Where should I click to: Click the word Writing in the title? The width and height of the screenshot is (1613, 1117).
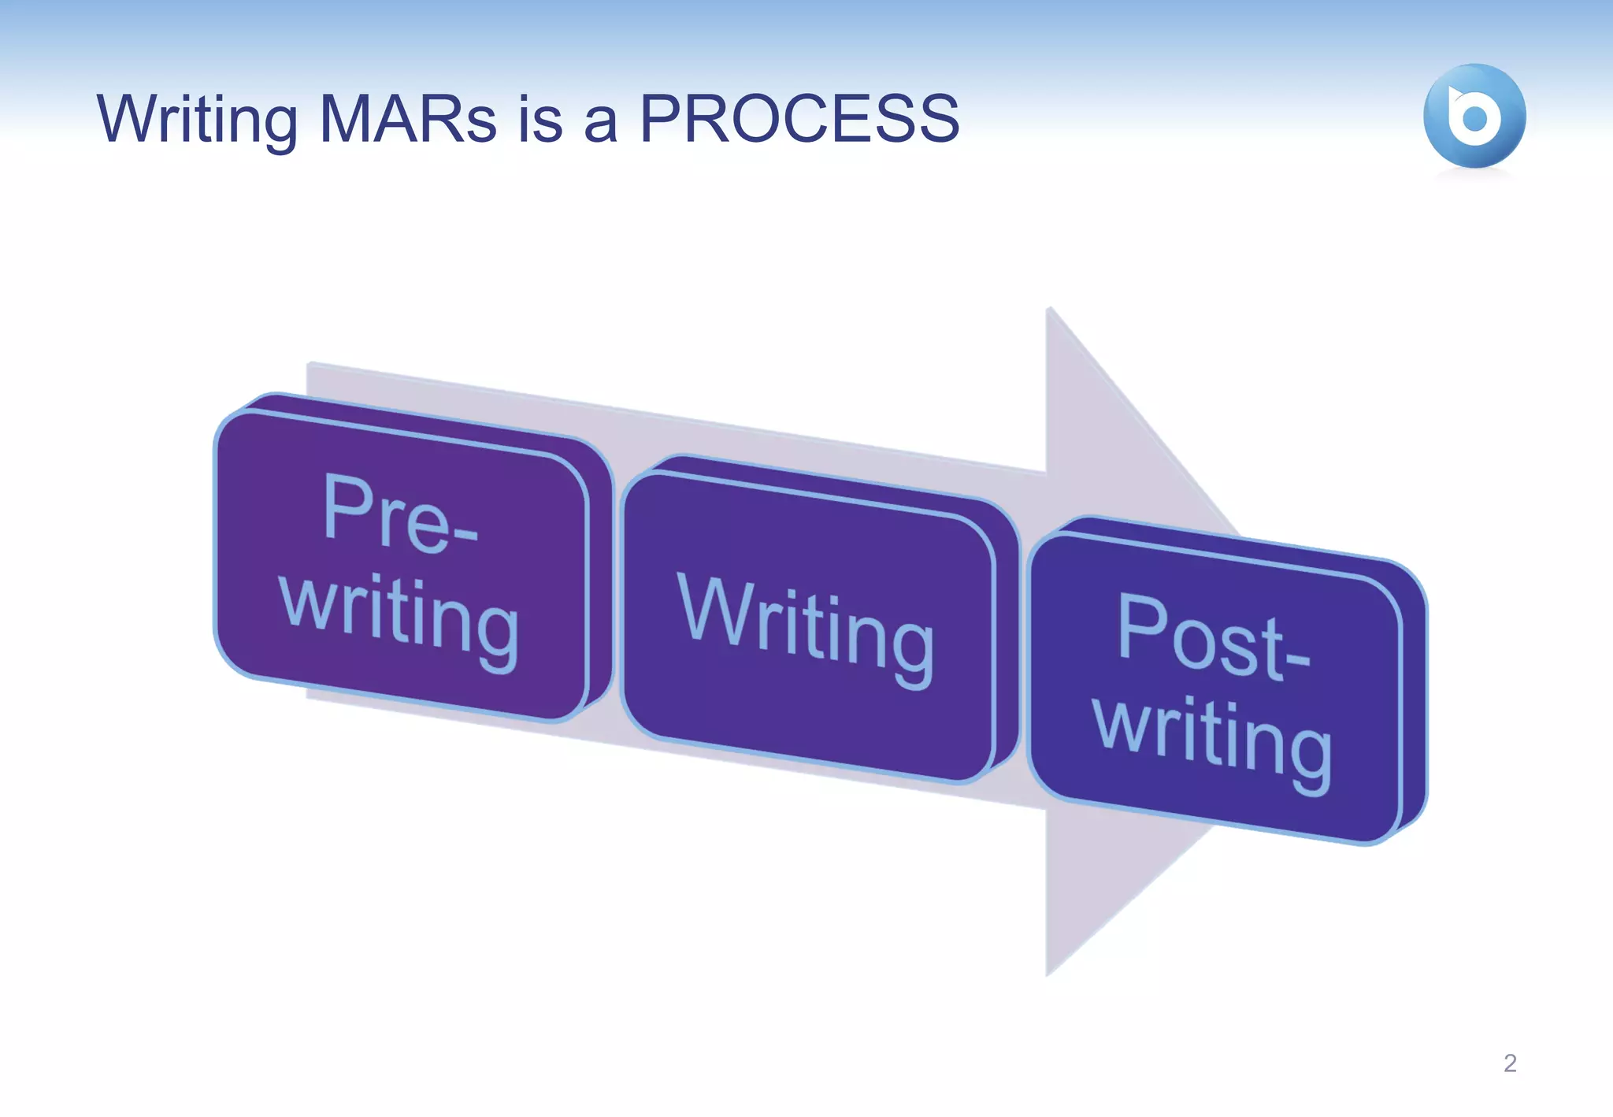click(x=197, y=120)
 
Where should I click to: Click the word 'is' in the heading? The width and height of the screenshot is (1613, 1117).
click(x=540, y=120)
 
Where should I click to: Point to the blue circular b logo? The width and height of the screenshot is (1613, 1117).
click(x=1474, y=117)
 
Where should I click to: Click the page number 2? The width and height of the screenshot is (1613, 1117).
click(x=1509, y=1063)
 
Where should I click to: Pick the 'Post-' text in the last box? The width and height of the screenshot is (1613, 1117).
click(x=1213, y=638)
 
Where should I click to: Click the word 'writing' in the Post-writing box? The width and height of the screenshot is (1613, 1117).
click(x=1213, y=740)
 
